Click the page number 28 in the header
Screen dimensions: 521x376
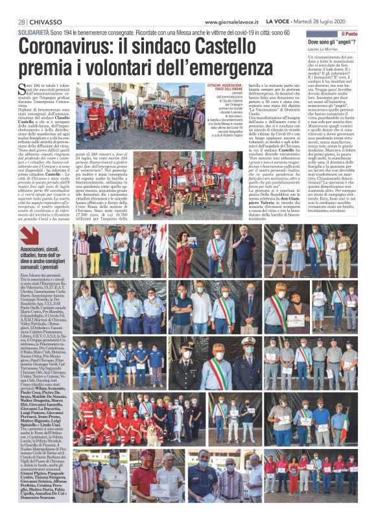click(21, 22)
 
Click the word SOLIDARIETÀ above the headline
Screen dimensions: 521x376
click(34, 32)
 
